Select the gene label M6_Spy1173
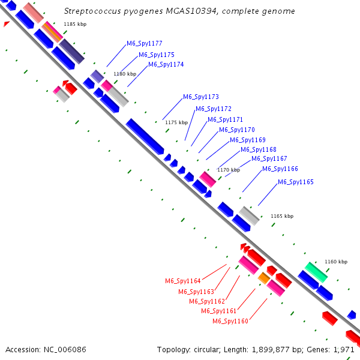coord(200,97)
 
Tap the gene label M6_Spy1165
coord(295,182)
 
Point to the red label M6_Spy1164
coord(182,281)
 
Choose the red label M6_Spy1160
coord(230,321)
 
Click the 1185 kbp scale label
coord(74,24)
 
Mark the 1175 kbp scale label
coord(176,122)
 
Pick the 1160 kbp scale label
coord(335,262)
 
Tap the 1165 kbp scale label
coord(281,216)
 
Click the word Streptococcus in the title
coord(89,11)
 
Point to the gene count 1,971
coord(345,349)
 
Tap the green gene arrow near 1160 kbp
coord(316,272)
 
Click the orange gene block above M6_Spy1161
coord(263,278)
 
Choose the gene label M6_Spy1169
coord(247,140)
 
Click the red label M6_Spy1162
coord(206,301)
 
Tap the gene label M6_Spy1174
coord(166,64)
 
